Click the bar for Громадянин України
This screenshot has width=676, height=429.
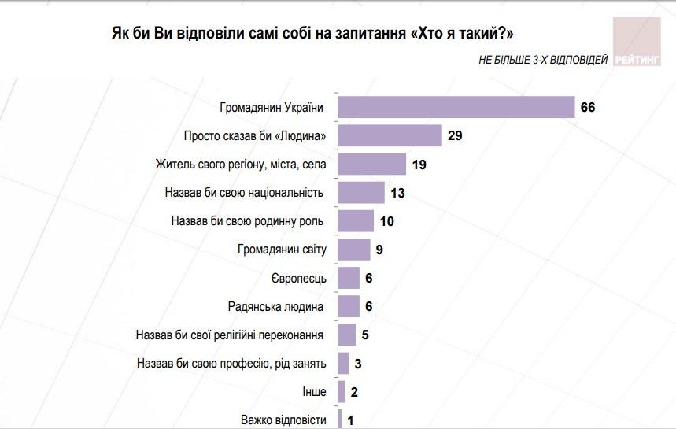tap(456, 107)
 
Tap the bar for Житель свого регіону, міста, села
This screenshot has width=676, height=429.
tap(372, 164)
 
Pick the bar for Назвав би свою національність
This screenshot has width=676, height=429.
tap(361, 192)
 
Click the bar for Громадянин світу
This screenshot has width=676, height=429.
tap(354, 250)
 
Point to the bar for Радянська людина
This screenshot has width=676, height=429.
tap(349, 305)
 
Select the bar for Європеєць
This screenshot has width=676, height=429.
tap(349, 278)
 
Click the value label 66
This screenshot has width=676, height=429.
tap(588, 107)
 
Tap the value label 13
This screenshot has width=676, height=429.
tap(398, 193)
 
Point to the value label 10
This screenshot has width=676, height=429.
tap(386, 221)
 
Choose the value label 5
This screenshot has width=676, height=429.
tap(365, 335)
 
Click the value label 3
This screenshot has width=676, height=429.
tap(358, 363)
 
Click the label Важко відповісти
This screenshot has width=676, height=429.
tap(283, 420)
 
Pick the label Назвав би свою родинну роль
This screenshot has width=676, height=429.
tap(248, 221)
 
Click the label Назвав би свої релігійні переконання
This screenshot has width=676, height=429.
tap(231, 335)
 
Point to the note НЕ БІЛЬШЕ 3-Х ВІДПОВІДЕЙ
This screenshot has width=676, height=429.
tap(542, 61)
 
